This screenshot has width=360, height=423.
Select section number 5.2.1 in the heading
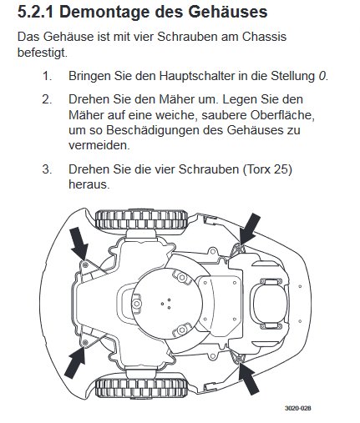(35, 13)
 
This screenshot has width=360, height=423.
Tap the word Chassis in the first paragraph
(264, 37)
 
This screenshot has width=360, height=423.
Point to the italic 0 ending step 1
(322, 76)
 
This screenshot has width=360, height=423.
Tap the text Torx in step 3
(256, 169)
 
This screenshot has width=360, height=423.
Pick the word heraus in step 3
(89, 184)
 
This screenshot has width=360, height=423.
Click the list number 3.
(47, 169)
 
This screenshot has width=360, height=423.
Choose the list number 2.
(47, 99)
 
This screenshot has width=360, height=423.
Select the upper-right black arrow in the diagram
(250, 229)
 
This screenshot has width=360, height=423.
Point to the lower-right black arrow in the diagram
(249, 379)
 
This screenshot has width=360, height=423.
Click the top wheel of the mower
(141, 219)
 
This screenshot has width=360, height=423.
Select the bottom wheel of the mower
(141, 389)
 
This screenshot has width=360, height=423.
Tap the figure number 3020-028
(297, 408)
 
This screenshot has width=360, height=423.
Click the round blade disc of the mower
(167, 304)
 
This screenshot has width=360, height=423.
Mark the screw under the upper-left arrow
(85, 264)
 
